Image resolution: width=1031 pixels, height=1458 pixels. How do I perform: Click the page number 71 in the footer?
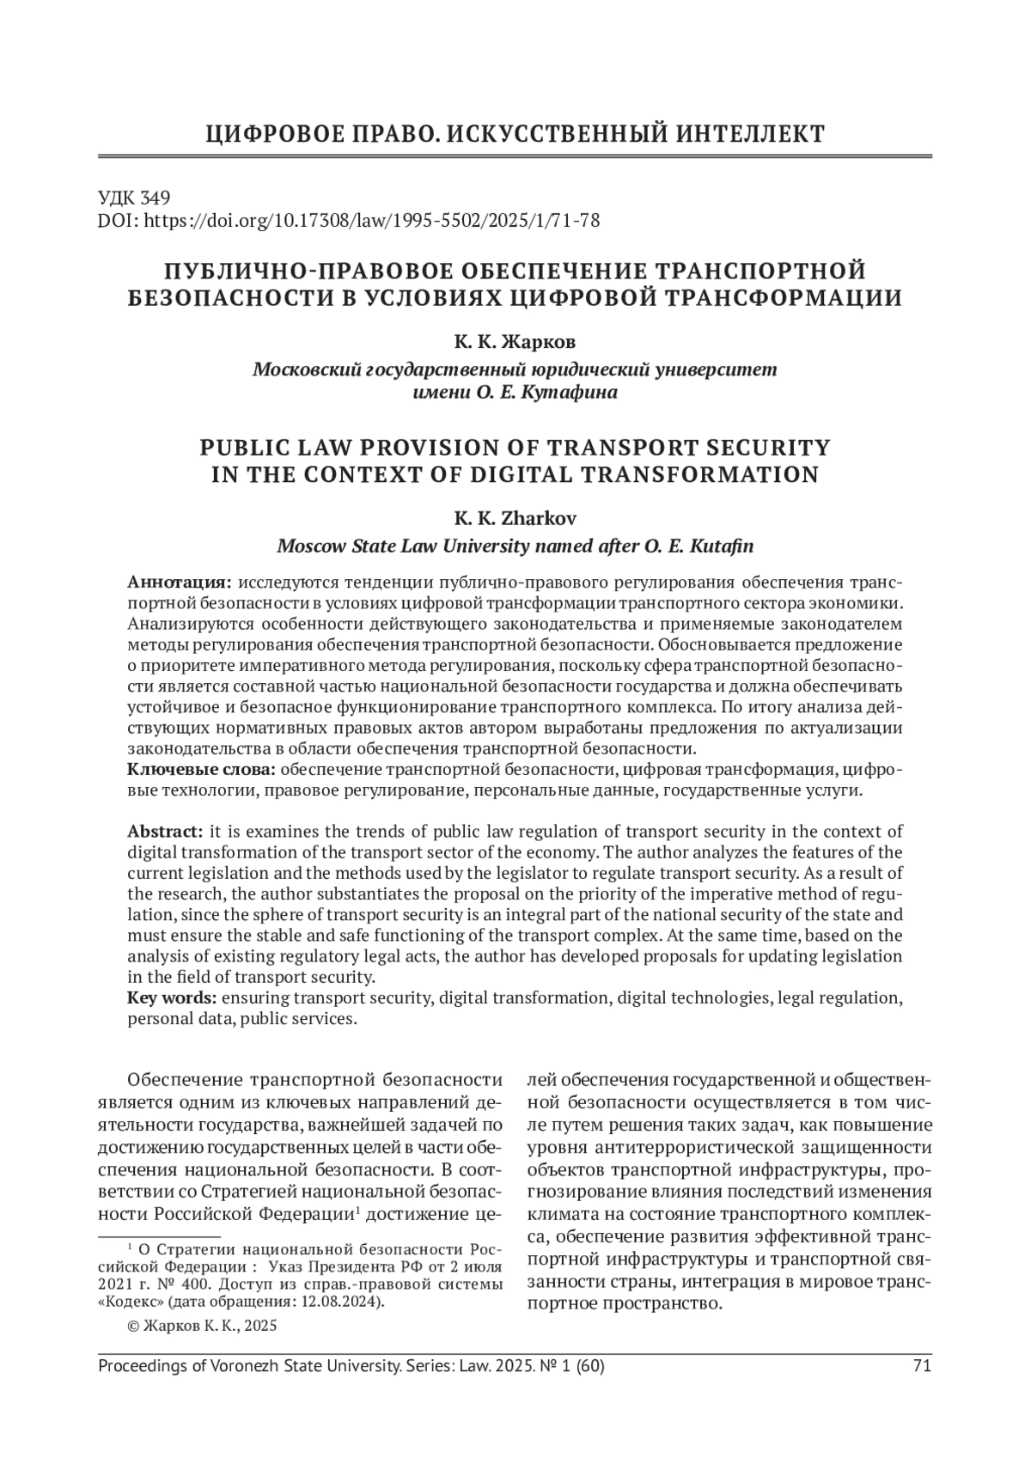click(x=922, y=1365)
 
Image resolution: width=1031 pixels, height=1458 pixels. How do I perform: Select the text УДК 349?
click(x=135, y=197)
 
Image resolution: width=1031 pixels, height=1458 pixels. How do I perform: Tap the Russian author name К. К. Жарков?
click(x=515, y=342)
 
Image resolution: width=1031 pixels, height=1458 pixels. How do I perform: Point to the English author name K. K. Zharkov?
click(x=515, y=519)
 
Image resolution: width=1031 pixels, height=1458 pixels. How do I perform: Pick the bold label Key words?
click(x=172, y=998)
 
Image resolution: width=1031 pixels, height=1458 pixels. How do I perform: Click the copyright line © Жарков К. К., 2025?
click(x=202, y=1326)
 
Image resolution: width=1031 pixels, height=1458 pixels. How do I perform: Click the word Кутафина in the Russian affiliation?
click(x=577, y=393)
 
